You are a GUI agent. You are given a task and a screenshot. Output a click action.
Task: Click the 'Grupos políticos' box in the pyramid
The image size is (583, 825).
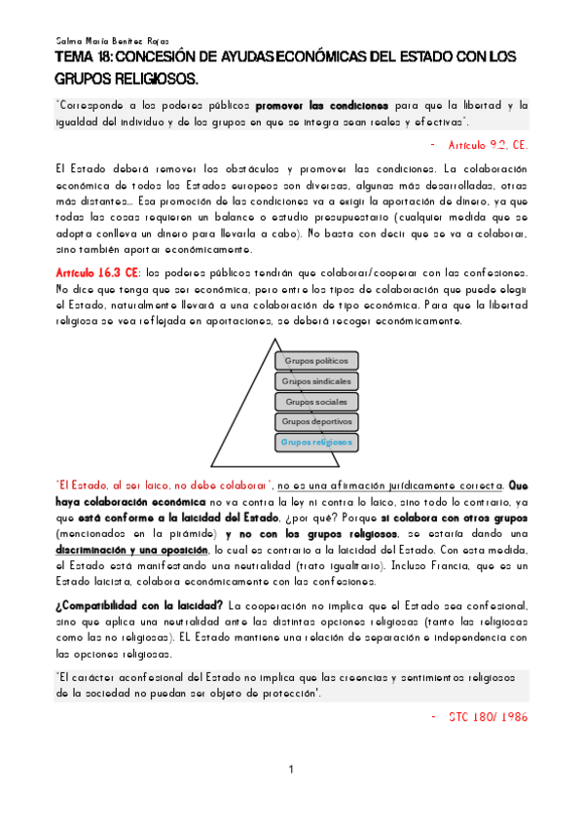[316, 361]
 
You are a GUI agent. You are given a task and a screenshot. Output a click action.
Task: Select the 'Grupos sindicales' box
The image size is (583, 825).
[316, 381]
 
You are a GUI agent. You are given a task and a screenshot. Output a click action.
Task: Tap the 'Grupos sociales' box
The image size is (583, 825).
[316, 402]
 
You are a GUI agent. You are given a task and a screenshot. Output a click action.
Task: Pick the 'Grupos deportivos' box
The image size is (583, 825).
[316, 422]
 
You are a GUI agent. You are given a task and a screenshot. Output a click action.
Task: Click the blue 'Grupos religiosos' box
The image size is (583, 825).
[316, 443]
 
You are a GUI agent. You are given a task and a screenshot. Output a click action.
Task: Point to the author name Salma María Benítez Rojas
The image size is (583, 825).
[112, 42]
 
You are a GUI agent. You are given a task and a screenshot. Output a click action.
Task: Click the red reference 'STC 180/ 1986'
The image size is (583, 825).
[489, 716]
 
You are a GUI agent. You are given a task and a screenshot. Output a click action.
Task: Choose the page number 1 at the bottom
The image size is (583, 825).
[291, 771]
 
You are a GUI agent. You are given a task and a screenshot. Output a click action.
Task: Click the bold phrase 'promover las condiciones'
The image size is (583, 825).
[322, 104]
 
